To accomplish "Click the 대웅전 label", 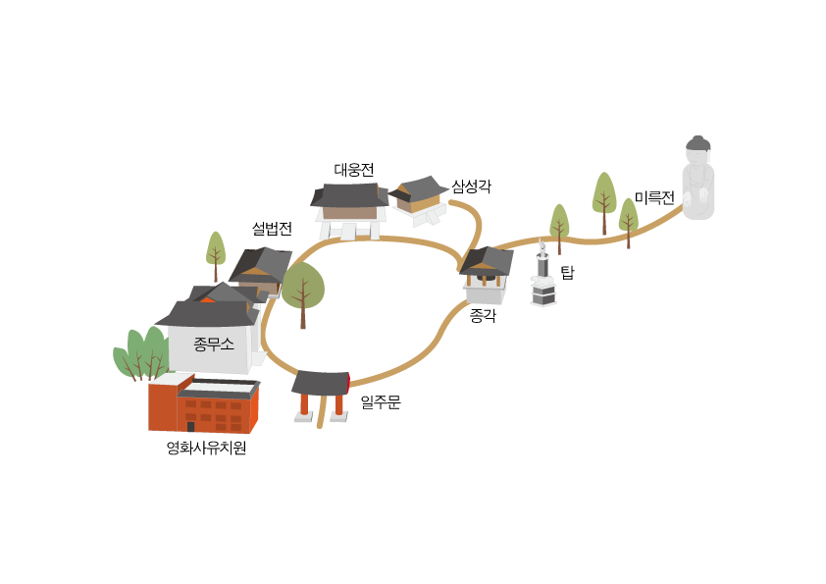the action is click(354, 170).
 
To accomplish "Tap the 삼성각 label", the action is click(472, 186).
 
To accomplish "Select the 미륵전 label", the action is click(654, 197).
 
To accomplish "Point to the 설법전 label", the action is click(272, 229).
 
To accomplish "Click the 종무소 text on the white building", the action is click(213, 345).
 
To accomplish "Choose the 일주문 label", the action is click(381, 402).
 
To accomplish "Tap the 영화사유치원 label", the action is click(206, 448).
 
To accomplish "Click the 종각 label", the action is click(483, 316).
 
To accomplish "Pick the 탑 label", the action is click(567, 273).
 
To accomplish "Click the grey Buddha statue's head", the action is click(698, 146).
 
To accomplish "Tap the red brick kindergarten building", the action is click(203, 403).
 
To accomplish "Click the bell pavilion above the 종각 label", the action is click(487, 274).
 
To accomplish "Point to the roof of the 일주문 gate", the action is click(321, 383).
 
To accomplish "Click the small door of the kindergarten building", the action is click(190, 426).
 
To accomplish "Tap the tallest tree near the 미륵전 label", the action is click(604, 203).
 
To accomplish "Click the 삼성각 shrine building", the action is click(419, 200).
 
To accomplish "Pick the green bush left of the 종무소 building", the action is click(141, 354).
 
